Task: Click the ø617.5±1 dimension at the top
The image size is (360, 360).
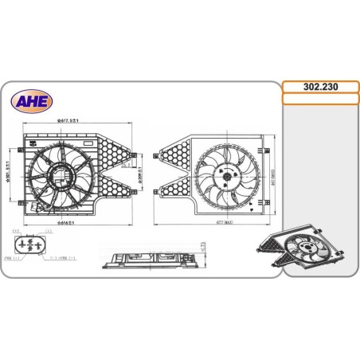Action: (x=76, y=121)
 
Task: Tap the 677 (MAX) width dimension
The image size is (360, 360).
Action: (x=210, y=223)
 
